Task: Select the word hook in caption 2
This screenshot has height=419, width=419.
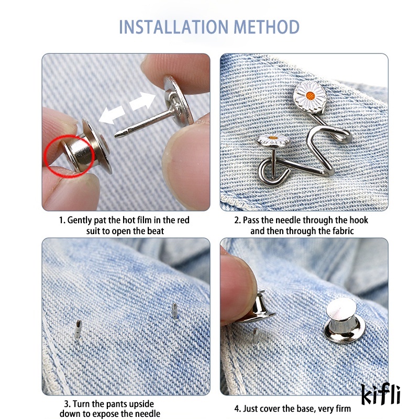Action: [x=344, y=220]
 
